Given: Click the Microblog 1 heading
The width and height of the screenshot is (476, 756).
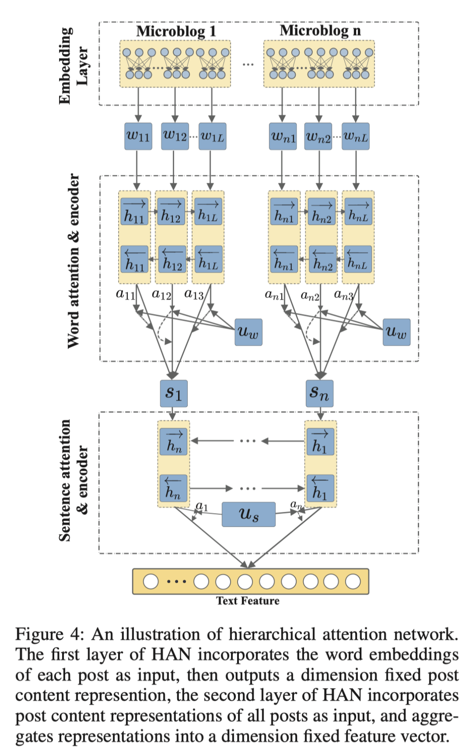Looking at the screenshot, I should click(176, 31).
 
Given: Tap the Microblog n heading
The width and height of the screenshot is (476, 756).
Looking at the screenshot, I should click(320, 30).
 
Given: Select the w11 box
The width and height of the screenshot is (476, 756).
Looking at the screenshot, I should click(138, 136).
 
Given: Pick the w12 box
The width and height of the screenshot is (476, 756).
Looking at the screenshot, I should click(175, 136).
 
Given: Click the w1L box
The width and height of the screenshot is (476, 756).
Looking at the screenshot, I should click(212, 136).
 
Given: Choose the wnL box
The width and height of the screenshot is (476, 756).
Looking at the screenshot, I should click(356, 136).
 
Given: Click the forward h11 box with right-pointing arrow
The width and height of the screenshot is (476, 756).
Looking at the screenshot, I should click(134, 211).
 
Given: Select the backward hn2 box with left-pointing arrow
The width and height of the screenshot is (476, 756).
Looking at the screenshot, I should click(323, 259).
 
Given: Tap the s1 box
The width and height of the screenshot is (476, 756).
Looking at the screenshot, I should click(174, 393).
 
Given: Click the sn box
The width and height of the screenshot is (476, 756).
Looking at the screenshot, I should click(320, 393).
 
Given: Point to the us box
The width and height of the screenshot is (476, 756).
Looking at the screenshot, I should click(249, 514).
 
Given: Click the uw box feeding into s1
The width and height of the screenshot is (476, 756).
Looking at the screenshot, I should click(249, 332).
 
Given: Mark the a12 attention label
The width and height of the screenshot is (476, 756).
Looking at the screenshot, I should click(161, 294).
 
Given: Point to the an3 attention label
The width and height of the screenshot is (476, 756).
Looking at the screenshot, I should click(344, 294).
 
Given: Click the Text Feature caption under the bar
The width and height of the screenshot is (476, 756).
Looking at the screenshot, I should click(248, 601).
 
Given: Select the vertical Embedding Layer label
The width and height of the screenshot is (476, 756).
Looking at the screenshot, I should click(73, 66).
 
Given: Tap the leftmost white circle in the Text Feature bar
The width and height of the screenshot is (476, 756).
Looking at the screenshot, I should click(151, 581).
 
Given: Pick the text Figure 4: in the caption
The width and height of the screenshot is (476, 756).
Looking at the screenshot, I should click(49, 634).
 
